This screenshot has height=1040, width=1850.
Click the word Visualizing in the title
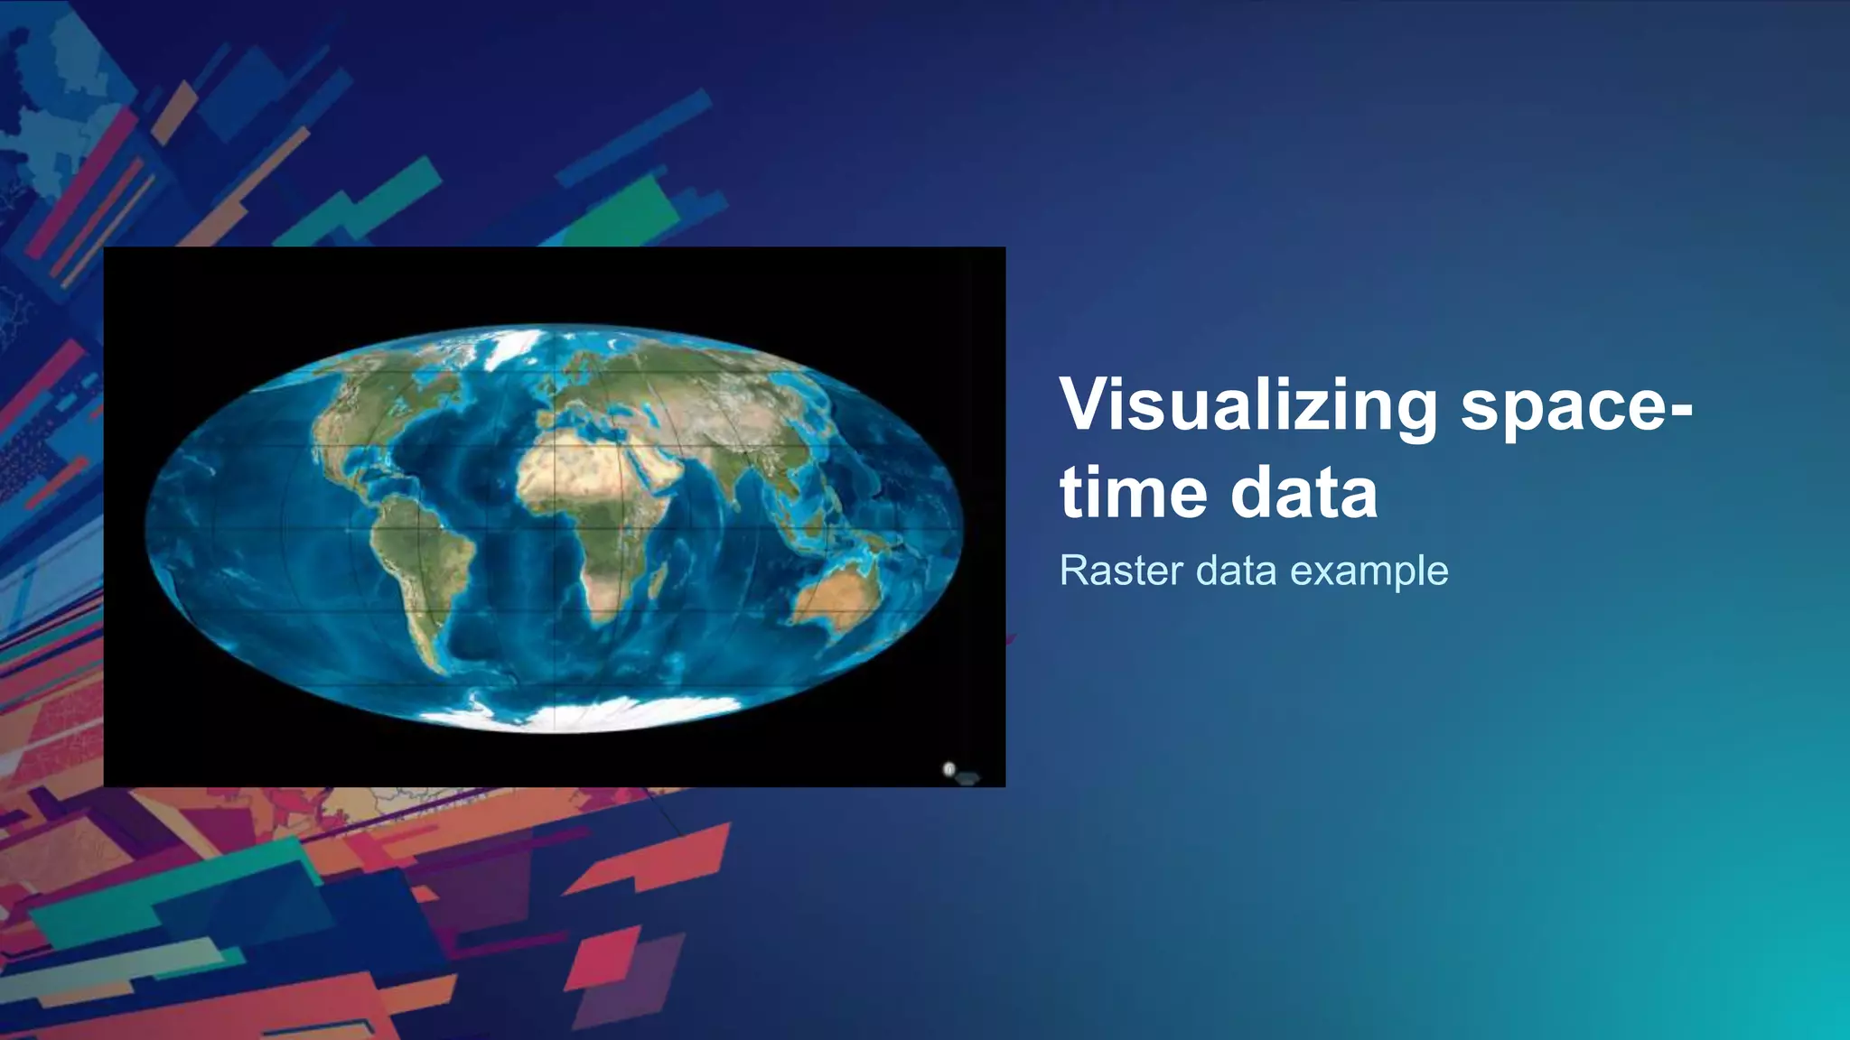click(1248, 405)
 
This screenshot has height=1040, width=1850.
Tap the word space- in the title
click(1576, 405)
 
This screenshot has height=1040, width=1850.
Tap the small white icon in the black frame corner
click(948, 769)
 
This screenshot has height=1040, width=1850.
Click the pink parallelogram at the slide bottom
click(596, 958)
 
